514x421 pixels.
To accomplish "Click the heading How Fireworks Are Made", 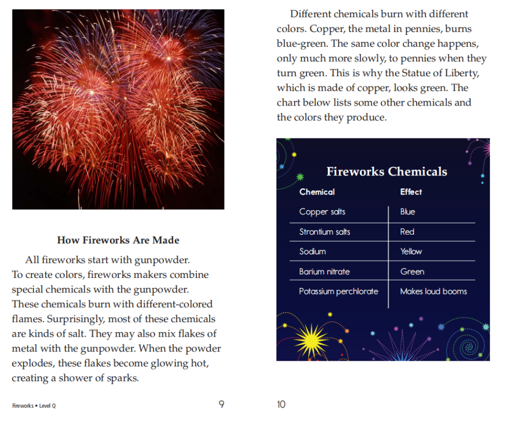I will pyautogui.click(x=118, y=240).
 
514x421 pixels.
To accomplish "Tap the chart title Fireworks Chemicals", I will pyautogui.click(x=387, y=172).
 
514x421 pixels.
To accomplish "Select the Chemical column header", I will pyautogui.click(x=317, y=192).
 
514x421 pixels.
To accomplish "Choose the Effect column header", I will pyautogui.click(x=411, y=192).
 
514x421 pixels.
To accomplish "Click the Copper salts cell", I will pyautogui.click(x=322, y=212).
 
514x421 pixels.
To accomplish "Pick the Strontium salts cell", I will pyautogui.click(x=324, y=232).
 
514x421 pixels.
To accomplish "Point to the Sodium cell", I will pyautogui.click(x=313, y=252).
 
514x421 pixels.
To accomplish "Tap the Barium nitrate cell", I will pyautogui.click(x=324, y=271).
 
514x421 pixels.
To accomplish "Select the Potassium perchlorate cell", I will pyautogui.click(x=338, y=291).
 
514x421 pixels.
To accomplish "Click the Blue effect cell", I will pyautogui.click(x=408, y=212).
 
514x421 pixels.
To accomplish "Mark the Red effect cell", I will pyautogui.click(x=407, y=232).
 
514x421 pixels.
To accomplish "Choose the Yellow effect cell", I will pyautogui.click(x=411, y=252).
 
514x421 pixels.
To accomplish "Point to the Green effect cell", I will pyautogui.click(x=412, y=271).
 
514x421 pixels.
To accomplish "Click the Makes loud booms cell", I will pyautogui.click(x=433, y=291).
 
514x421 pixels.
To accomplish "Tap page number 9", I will pyautogui.click(x=222, y=405).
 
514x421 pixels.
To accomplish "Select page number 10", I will pyautogui.click(x=281, y=405).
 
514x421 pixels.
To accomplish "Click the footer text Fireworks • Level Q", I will pyautogui.click(x=34, y=406).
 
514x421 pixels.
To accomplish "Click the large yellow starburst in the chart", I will pyautogui.click(x=310, y=340).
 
